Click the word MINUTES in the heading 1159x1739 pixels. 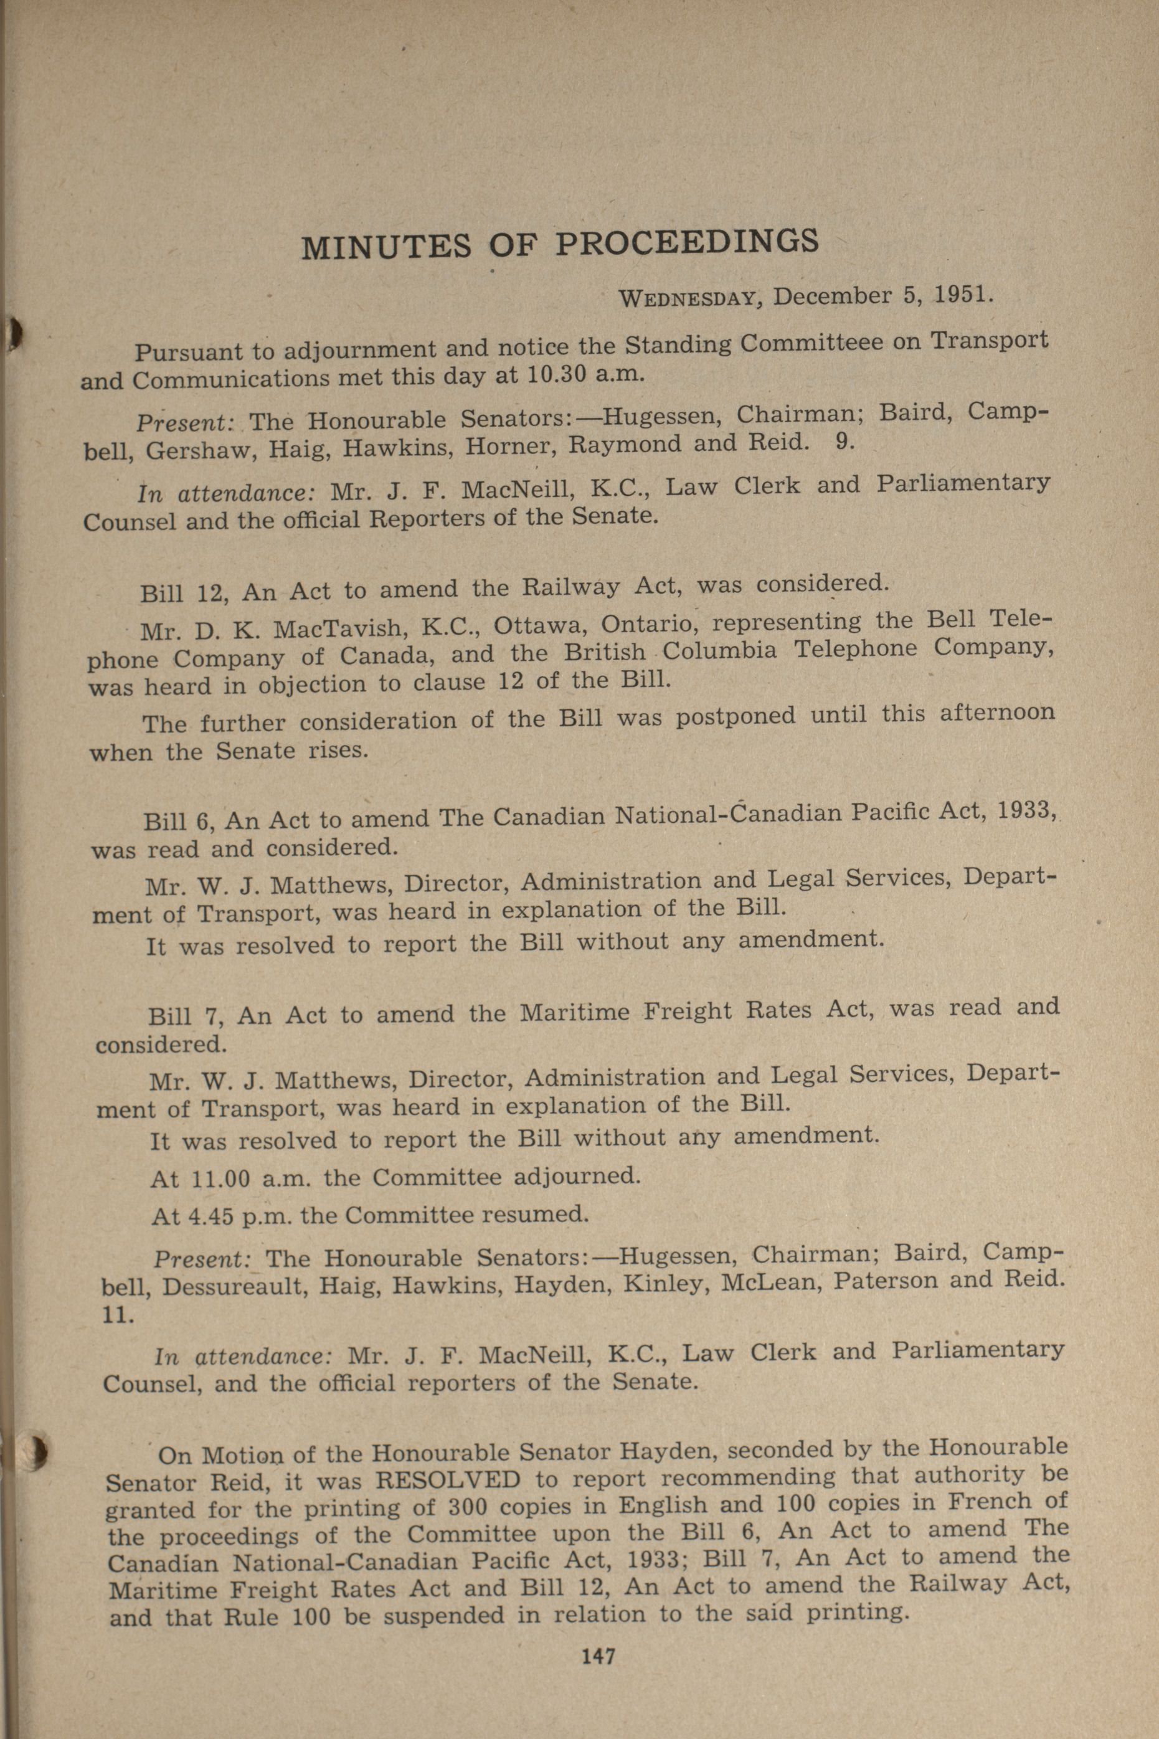pos(386,247)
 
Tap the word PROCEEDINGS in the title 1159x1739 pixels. pos(687,242)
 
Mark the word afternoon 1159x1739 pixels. pos(998,713)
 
